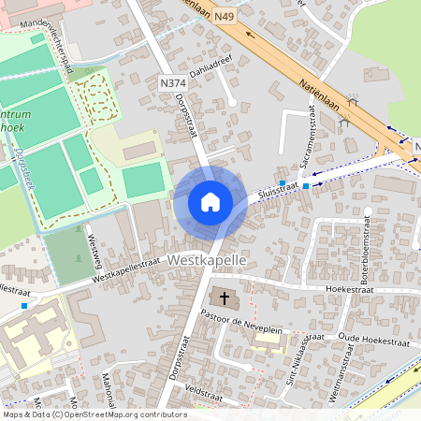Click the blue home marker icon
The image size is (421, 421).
[210, 202]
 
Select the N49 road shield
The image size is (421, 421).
[249, 16]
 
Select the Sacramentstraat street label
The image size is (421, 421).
[310, 140]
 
